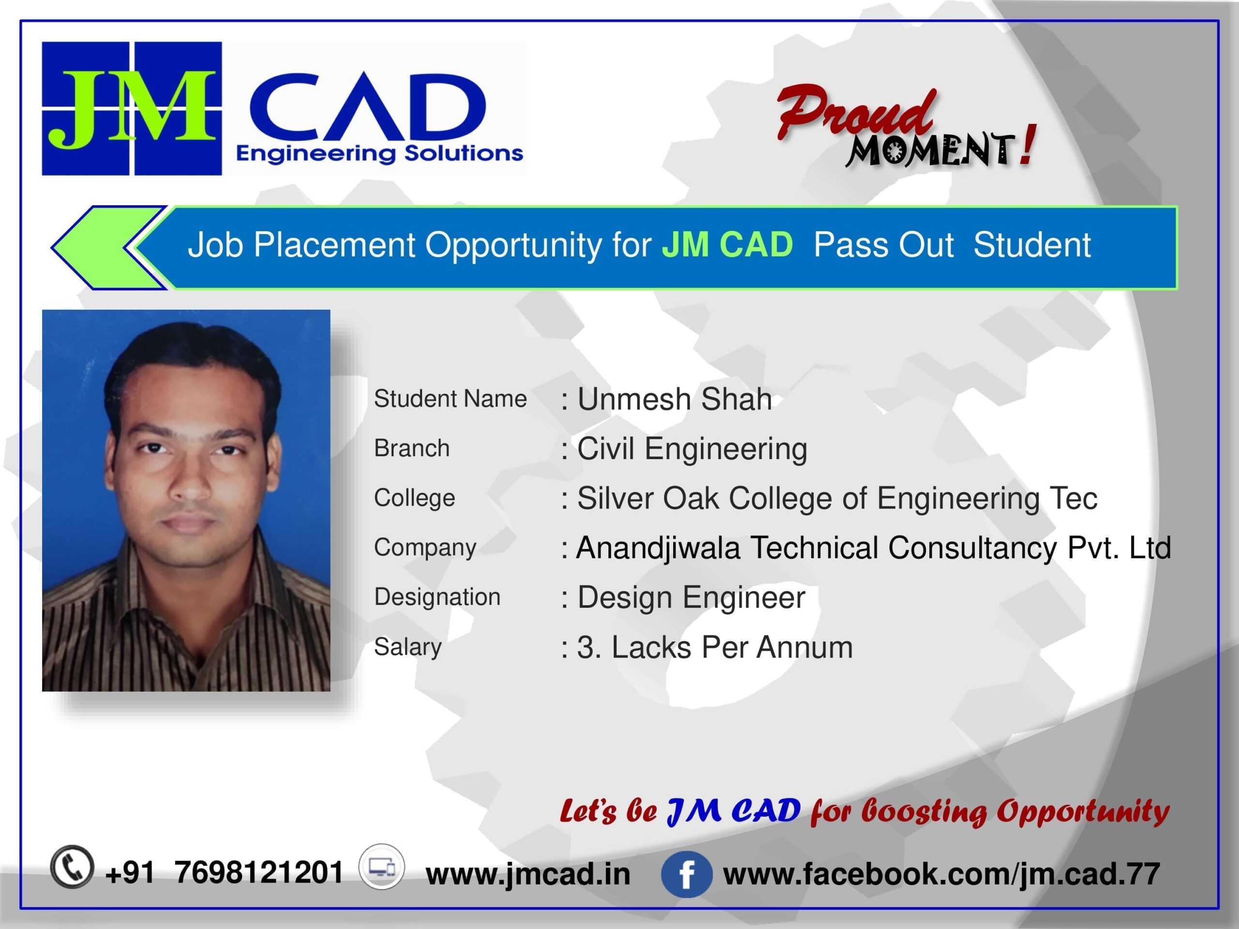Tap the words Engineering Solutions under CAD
[380, 153]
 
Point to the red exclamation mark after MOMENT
[1027, 145]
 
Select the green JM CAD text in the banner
[727, 245]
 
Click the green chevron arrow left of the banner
[109, 248]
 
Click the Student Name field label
[450, 399]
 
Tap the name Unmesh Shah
[674, 399]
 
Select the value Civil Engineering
[692, 449]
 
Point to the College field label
[414, 498]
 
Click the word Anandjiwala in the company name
[658, 548]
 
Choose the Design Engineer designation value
[691, 598]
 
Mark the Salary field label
[408, 647]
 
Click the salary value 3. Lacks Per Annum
[715, 647]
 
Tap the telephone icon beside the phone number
[72, 866]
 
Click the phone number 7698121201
[258, 872]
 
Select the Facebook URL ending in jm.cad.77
[941, 873]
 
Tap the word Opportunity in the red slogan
[1082, 811]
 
